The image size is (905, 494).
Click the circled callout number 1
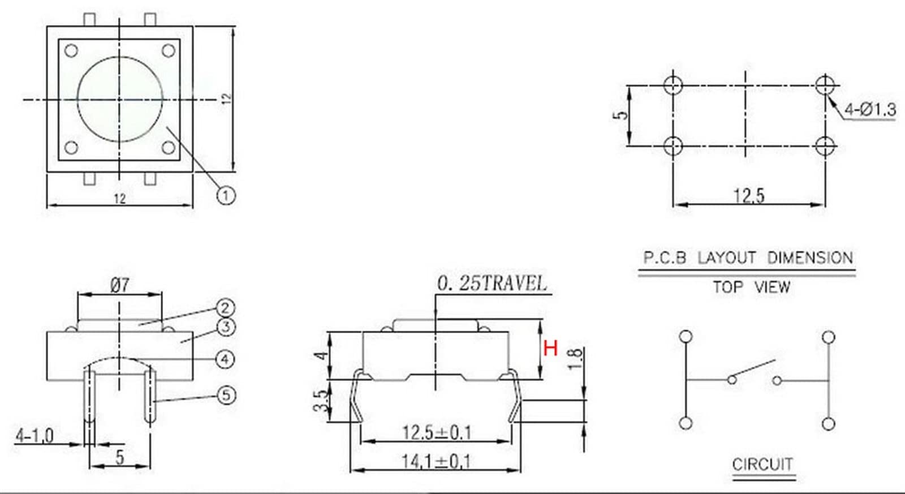tap(226, 196)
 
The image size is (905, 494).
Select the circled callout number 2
tap(225, 308)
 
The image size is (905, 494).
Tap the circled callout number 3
tap(226, 327)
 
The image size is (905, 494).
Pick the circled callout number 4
tap(225, 359)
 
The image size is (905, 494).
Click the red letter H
tap(551, 348)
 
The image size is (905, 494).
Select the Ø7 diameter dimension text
tap(120, 285)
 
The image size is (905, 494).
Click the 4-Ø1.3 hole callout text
tap(870, 110)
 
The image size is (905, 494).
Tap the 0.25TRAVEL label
tap(492, 283)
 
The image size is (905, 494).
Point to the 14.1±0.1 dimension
tap(436, 461)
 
